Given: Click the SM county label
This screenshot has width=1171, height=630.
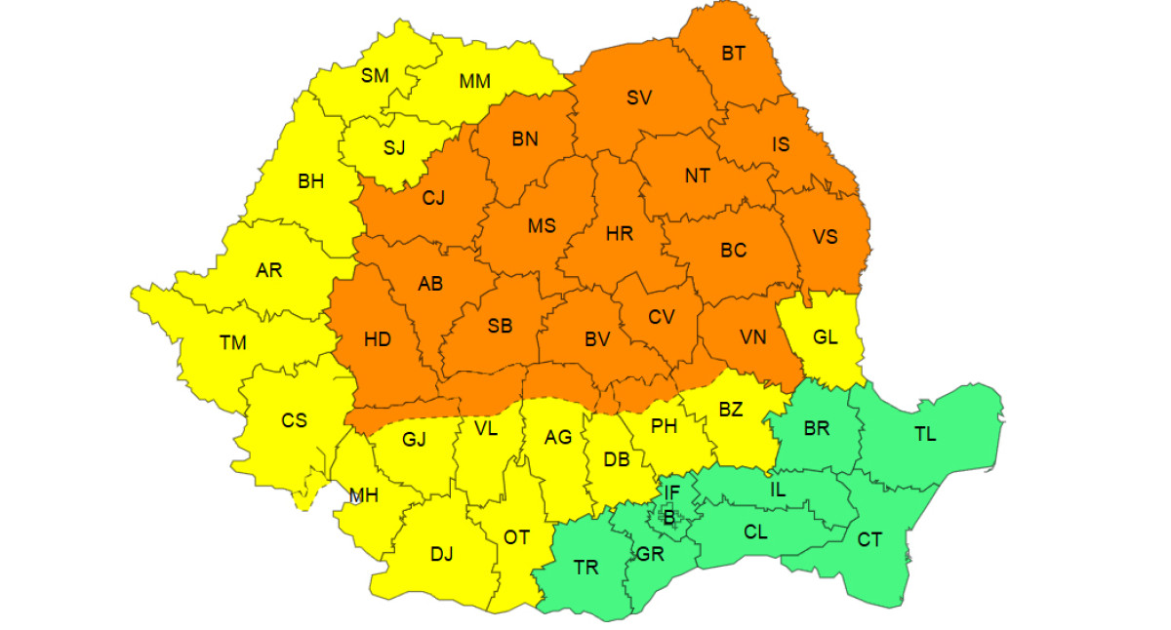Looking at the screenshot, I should tap(375, 76).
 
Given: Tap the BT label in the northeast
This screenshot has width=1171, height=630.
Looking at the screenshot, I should tap(733, 54).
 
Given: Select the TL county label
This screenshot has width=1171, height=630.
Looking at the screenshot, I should tap(924, 435).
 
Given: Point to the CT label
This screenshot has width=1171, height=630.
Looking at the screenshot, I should tap(868, 538).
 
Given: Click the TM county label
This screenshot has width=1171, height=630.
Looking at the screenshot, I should tap(233, 342).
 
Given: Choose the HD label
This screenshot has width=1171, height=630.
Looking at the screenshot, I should tap(377, 339).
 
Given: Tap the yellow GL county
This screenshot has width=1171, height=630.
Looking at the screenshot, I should tap(826, 337).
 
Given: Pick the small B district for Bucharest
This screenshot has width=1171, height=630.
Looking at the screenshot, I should tap(668, 518).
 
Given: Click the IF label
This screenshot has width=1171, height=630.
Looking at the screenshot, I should tap(671, 492).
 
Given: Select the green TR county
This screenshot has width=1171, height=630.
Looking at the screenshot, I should tap(585, 568).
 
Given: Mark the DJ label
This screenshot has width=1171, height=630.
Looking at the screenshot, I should tap(441, 554).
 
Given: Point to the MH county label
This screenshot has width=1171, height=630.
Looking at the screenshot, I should tap(364, 495).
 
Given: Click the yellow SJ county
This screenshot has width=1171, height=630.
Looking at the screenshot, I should tap(393, 148).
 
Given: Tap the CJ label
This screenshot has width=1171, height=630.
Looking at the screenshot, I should tap(433, 198).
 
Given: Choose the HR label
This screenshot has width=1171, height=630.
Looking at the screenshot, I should tap(619, 234).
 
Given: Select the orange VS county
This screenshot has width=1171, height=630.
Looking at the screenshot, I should tap(825, 237).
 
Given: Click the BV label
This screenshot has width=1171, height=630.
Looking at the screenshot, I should tap(597, 339).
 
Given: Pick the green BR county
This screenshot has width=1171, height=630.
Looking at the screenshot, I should tap(816, 429).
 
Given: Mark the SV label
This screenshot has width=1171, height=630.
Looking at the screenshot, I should tap(639, 98).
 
